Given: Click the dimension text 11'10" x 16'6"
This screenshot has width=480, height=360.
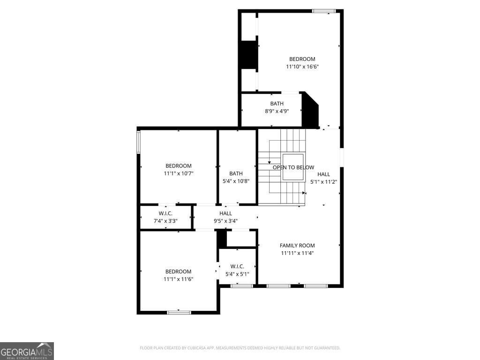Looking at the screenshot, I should tap(302, 67).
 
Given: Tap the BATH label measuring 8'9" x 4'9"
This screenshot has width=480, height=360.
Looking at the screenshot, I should tap(277, 104).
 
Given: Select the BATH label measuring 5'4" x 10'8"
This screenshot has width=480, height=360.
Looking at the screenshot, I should tap(236, 173).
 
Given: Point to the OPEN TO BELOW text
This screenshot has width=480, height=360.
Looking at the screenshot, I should tap(293, 167).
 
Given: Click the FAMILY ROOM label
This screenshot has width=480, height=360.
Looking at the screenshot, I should tap(297, 245).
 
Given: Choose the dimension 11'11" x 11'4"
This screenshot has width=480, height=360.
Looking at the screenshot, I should tap(297, 253).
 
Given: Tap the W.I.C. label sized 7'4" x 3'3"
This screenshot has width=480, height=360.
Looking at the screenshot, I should tap(165, 213).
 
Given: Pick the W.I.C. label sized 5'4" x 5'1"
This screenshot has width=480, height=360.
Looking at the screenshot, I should tap(237, 266).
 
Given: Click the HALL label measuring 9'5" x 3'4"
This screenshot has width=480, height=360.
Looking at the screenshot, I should tap(225, 213).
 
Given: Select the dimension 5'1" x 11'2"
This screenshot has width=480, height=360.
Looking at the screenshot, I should tap(323, 182).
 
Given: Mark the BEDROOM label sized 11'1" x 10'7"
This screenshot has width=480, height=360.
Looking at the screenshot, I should tap(178, 165).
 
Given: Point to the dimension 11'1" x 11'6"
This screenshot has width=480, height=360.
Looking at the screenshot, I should tap(178, 279).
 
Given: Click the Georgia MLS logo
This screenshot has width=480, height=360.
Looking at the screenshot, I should tap(27, 351).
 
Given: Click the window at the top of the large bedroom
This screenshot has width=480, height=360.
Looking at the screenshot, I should tap(324, 11).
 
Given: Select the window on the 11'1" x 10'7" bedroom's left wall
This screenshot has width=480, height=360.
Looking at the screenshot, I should tap(138, 142).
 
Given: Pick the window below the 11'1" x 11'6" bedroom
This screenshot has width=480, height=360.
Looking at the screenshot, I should tap(179, 312).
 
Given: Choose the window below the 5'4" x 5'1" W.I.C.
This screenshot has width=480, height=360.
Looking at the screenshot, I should tap(242, 285).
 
